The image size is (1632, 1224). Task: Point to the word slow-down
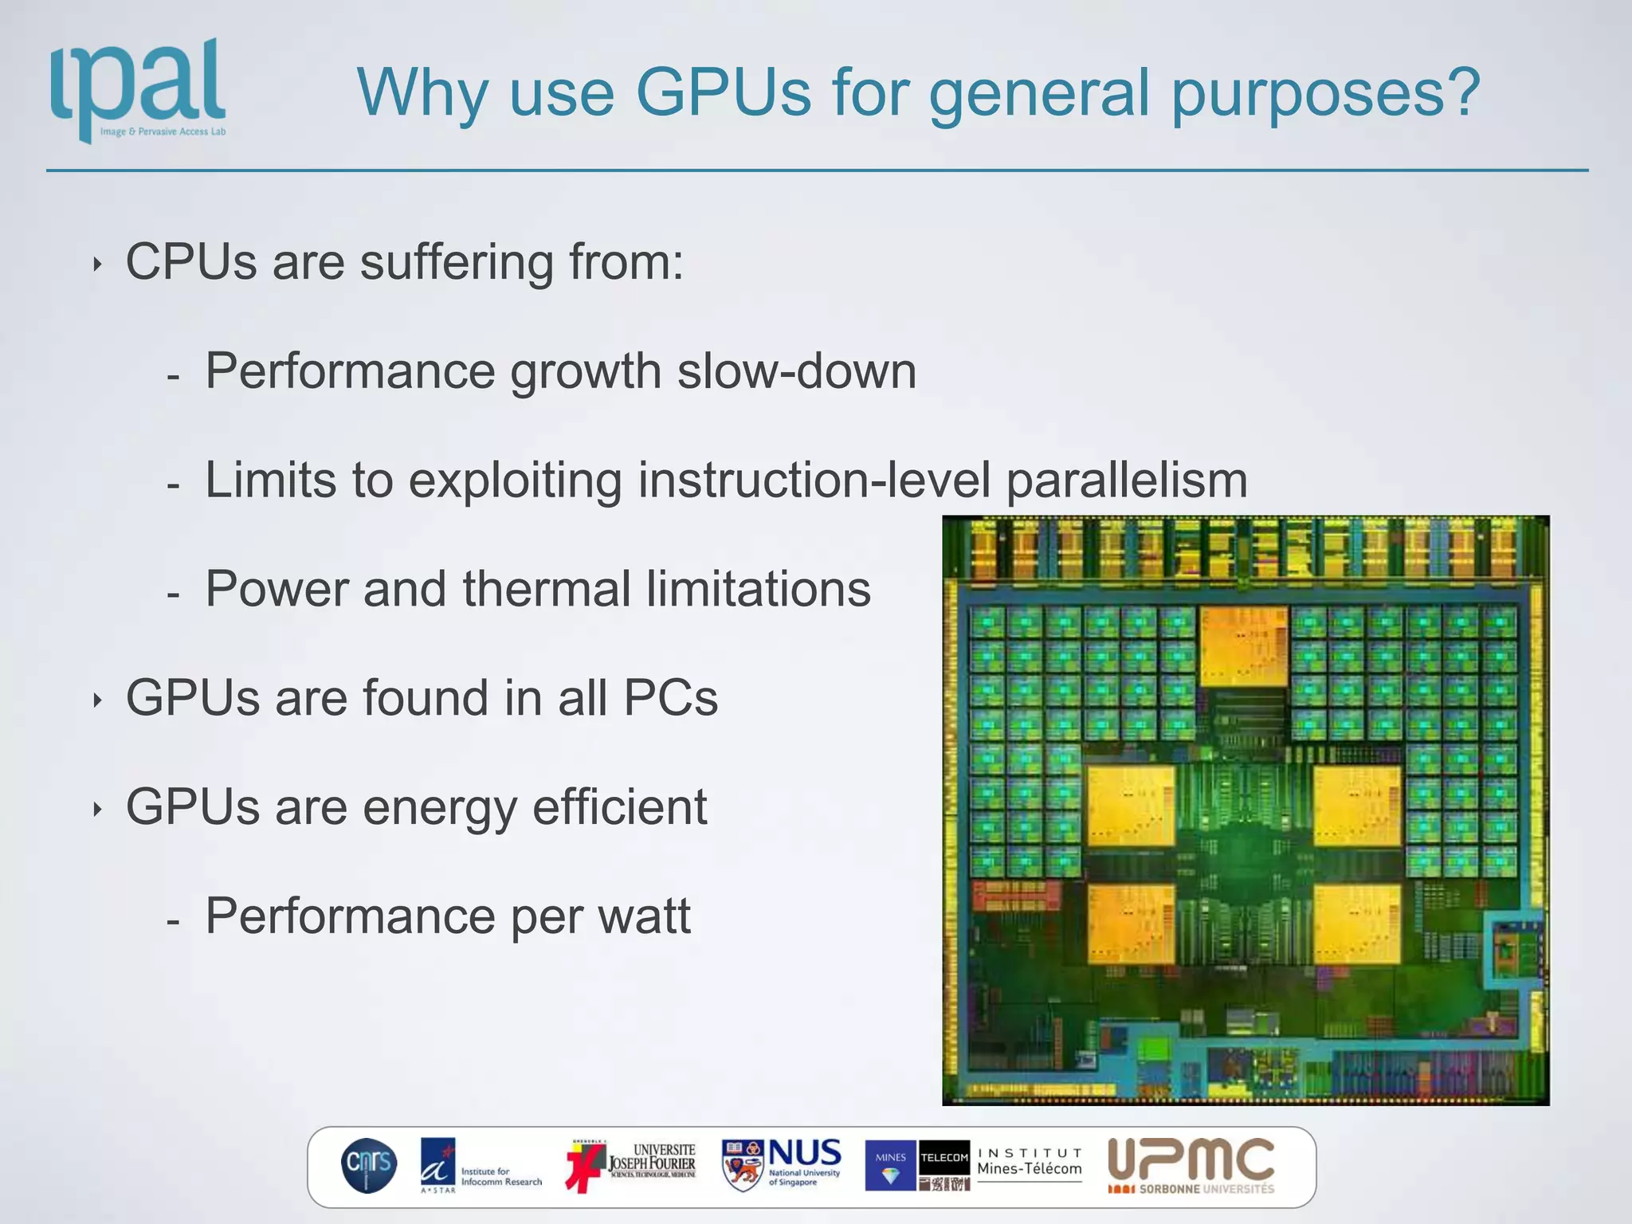796,371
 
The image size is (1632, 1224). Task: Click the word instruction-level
813,481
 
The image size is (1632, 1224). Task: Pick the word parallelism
1127,481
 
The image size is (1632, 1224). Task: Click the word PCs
670,698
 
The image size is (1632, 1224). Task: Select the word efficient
619,806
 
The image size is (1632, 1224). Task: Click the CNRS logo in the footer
368,1166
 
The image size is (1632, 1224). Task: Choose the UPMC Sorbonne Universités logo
1191,1166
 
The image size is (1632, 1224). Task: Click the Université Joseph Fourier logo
631,1166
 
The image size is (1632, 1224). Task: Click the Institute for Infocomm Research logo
481,1166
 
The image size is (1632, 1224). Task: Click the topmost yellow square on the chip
1243,646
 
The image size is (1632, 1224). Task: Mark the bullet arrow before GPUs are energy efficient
97,810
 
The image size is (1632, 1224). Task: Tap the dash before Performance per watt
173,921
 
